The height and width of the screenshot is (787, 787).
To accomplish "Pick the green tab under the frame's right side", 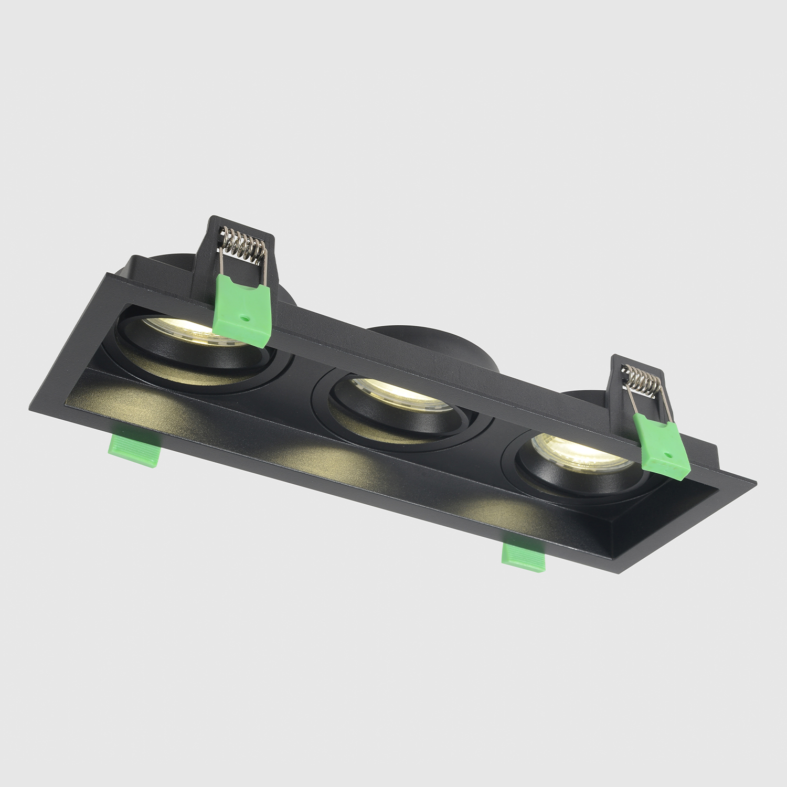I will [x=524, y=555].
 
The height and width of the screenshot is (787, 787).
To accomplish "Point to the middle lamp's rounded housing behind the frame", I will [x=435, y=346].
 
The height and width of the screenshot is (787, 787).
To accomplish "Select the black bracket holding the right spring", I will [x=619, y=399].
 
